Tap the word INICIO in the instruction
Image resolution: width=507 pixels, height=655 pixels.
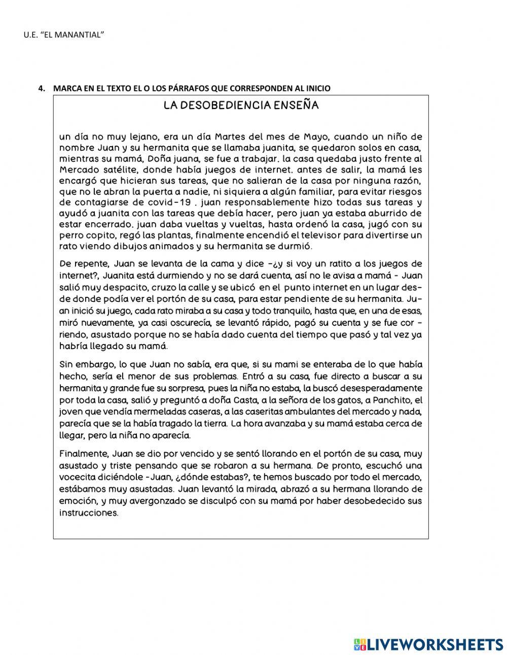317,88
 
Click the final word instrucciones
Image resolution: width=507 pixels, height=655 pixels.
89,513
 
